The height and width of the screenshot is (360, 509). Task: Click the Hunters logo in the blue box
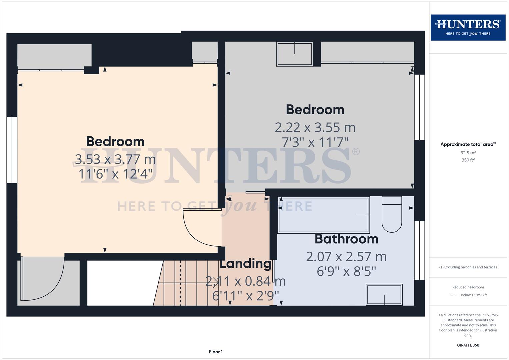pyautogui.click(x=468, y=27)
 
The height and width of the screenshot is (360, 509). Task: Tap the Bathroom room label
pyautogui.click(x=346, y=239)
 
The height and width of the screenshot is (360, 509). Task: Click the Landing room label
pyautogui.click(x=245, y=264)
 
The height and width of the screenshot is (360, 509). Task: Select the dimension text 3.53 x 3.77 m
pyautogui.click(x=115, y=159)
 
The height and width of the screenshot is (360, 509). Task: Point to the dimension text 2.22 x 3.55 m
pyautogui.click(x=315, y=127)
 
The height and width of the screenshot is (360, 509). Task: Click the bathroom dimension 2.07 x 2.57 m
pyautogui.click(x=346, y=257)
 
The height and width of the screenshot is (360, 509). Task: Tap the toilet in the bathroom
pyautogui.click(x=392, y=215)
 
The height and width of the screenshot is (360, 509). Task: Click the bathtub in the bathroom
pyautogui.click(x=324, y=215)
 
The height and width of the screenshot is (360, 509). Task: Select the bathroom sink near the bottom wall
pyautogui.click(x=384, y=294)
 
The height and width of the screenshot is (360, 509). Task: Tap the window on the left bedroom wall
pyautogui.click(x=12, y=150)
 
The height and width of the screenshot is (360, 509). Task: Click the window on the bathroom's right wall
pyautogui.click(x=419, y=250)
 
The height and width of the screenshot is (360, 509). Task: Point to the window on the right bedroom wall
pyautogui.click(x=419, y=107)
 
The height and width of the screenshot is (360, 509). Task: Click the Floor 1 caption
pyautogui.click(x=216, y=352)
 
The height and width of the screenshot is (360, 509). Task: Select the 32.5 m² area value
pyautogui.click(x=468, y=153)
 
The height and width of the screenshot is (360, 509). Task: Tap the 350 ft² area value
pyautogui.click(x=468, y=160)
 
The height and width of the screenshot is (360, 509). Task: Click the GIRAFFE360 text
pyautogui.click(x=468, y=345)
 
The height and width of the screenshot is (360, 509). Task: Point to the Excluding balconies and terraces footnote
pyautogui.click(x=468, y=267)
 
